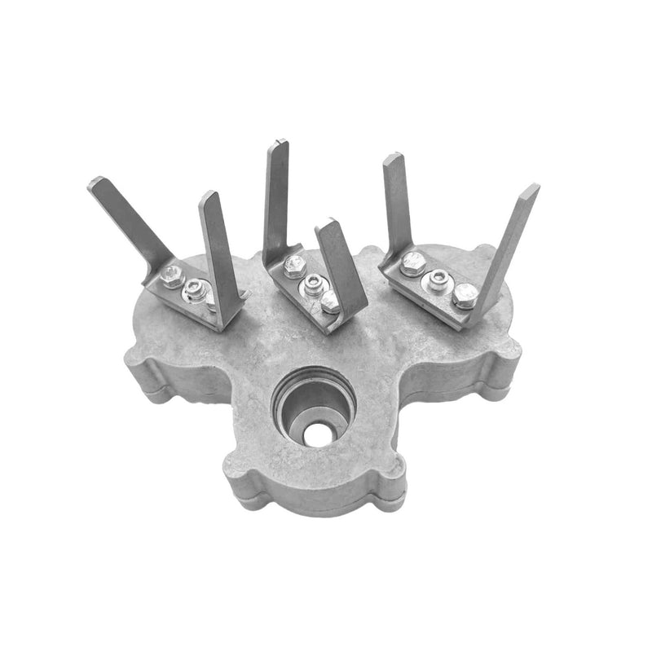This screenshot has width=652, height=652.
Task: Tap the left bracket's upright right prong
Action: (x=219, y=244)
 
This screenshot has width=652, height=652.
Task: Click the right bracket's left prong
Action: (x=396, y=204)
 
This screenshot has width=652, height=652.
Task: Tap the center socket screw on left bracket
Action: (x=196, y=289)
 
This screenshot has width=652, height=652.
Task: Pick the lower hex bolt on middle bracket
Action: (x=329, y=302)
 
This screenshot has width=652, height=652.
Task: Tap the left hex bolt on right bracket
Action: (x=413, y=262)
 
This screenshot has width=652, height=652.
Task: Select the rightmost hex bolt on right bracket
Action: (x=464, y=295)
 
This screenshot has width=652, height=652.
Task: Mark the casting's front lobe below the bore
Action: (x=318, y=481)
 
